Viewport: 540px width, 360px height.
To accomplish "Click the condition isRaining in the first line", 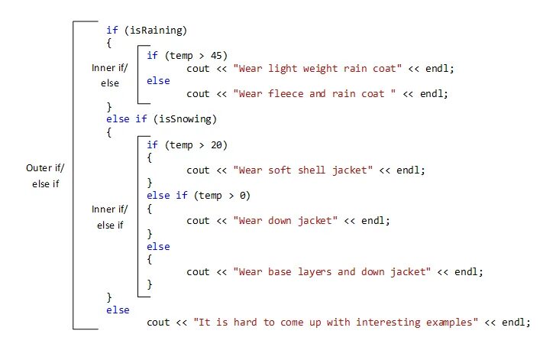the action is (158, 30).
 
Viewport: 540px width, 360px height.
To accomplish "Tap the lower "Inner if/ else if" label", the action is (110, 216).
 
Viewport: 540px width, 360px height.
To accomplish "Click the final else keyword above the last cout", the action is (118, 310).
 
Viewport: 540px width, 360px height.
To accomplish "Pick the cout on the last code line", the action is (158, 323).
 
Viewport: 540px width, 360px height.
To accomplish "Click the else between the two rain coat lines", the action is (157, 81).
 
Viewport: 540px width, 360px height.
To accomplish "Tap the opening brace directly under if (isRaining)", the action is (109, 43).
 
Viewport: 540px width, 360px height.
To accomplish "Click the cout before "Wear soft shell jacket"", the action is (198, 170).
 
